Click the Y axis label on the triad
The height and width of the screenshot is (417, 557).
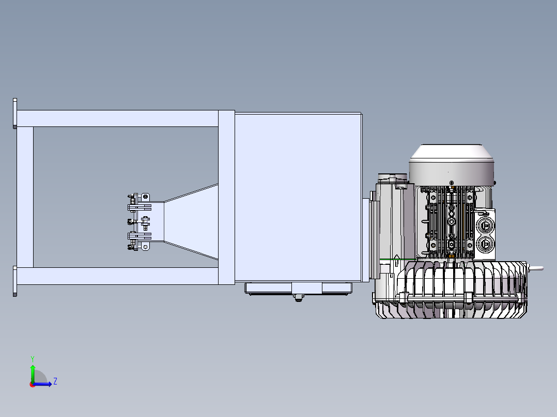tap(33, 359)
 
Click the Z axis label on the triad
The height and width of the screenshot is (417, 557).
tap(55, 381)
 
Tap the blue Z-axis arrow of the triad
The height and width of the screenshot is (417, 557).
tap(42, 383)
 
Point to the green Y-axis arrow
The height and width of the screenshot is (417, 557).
tap(33, 374)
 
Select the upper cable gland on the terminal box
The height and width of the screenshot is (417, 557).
tap(485, 225)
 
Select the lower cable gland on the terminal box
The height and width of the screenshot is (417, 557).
tap(485, 244)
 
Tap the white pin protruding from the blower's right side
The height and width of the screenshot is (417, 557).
tap(536, 269)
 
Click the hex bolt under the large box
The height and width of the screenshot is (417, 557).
tap(299, 298)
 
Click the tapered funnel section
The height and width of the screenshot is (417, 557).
tap(191, 221)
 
